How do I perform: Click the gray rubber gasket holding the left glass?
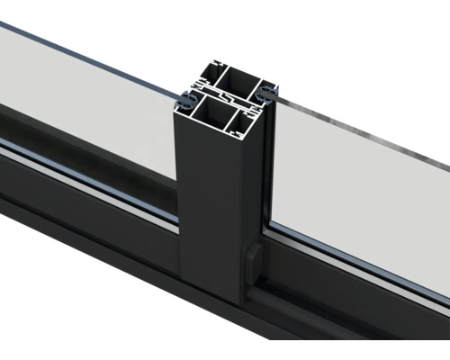(186, 97)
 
